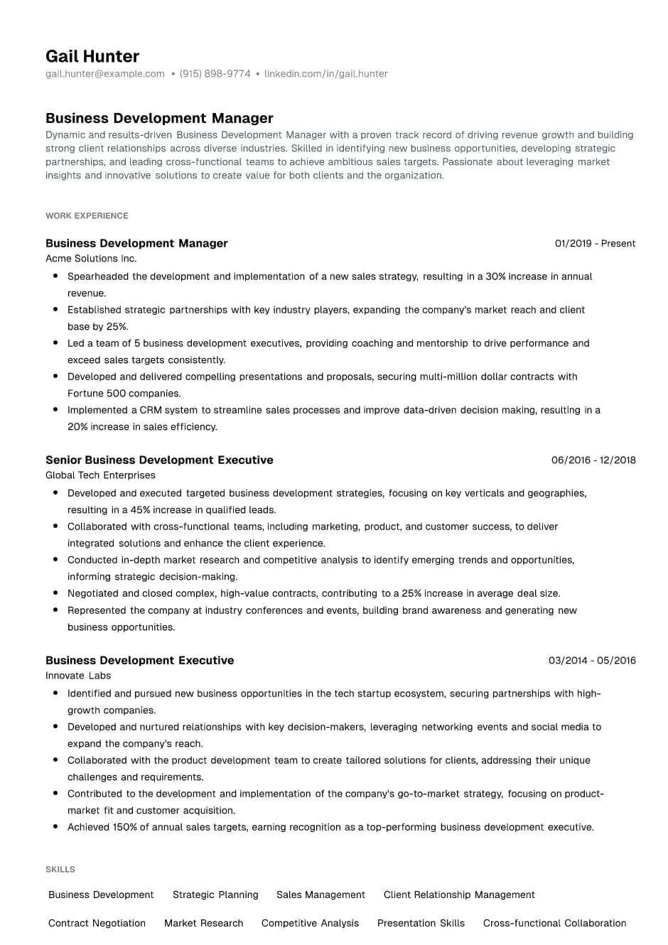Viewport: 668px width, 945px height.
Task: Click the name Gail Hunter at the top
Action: (92, 56)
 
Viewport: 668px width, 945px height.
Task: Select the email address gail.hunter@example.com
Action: (105, 74)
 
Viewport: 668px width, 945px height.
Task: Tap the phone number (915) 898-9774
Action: (215, 74)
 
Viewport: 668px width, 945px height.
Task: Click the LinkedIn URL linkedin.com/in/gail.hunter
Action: (325, 74)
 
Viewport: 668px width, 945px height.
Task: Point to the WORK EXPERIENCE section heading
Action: (87, 216)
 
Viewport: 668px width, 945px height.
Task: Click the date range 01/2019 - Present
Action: (595, 244)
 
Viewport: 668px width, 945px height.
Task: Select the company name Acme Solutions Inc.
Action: (91, 259)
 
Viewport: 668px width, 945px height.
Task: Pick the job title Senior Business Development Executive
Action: (159, 460)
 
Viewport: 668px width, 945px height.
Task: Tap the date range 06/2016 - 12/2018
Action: (593, 460)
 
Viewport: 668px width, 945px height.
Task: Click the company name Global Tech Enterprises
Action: (100, 475)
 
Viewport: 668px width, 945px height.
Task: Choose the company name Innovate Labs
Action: (78, 676)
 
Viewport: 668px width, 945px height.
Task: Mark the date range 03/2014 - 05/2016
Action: (592, 661)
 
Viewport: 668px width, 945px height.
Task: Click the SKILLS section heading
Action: (60, 870)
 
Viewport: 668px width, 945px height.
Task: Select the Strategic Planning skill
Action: (215, 895)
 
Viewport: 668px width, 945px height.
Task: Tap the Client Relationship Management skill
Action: (459, 895)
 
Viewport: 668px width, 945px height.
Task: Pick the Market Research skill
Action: (203, 924)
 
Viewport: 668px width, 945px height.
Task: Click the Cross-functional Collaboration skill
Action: (554, 924)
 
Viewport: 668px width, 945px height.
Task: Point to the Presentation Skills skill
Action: (421, 924)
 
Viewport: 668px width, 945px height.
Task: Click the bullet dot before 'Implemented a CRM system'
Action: (55, 410)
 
